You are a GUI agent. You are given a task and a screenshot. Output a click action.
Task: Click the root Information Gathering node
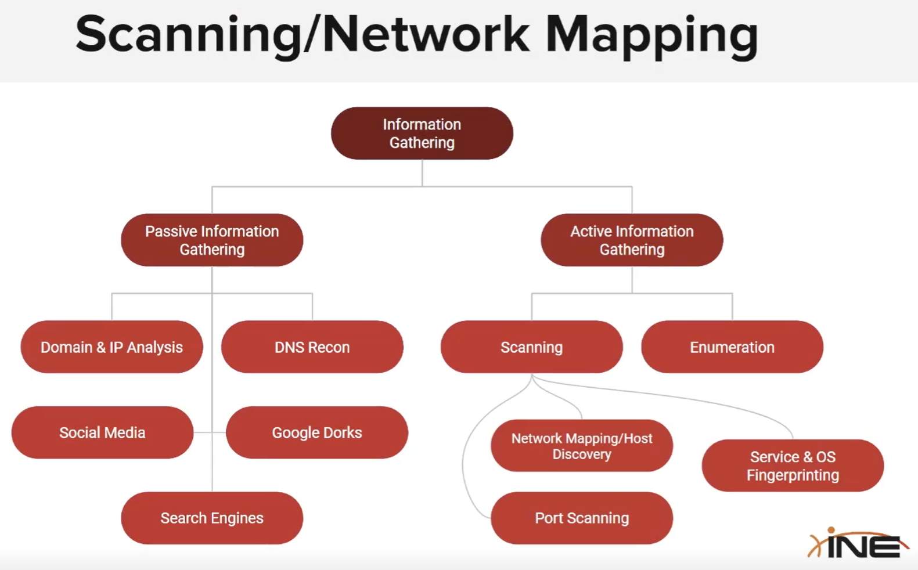pyautogui.click(x=422, y=134)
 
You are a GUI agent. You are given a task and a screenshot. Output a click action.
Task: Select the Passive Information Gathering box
pyautogui.click(x=212, y=240)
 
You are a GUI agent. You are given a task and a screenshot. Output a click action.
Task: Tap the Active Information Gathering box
pyautogui.click(x=632, y=240)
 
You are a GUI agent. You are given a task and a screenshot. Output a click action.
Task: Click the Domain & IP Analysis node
pyautogui.click(x=111, y=347)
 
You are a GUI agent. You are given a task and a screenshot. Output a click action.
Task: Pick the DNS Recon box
pyautogui.click(x=312, y=347)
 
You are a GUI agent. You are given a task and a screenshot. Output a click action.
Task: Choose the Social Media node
pyautogui.click(x=102, y=432)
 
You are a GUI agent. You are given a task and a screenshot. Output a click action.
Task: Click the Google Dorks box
pyautogui.click(x=317, y=432)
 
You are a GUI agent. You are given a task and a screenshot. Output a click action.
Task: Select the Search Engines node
pyautogui.click(x=212, y=518)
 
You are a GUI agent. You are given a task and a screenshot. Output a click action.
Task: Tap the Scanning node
pyautogui.click(x=531, y=347)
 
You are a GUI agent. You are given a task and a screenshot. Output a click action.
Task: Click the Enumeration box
pyautogui.click(x=732, y=347)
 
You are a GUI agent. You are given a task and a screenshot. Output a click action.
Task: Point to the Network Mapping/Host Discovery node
pyautogui.click(x=582, y=446)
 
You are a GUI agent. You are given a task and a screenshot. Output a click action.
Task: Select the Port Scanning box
pyautogui.click(x=582, y=518)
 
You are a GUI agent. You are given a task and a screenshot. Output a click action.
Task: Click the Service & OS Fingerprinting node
pyautogui.click(x=793, y=466)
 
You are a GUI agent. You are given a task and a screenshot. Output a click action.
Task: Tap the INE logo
pyautogui.click(x=859, y=543)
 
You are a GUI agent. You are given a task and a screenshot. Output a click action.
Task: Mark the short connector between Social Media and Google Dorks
pyautogui.click(x=210, y=432)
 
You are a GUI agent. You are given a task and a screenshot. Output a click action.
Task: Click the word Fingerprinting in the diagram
pyautogui.click(x=793, y=475)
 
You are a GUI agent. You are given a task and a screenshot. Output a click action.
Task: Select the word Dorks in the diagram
pyautogui.click(x=343, y=432)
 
